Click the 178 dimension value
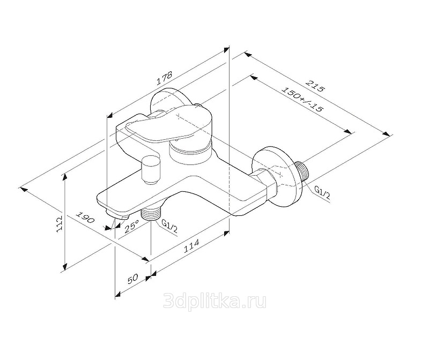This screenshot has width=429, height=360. [165, 78]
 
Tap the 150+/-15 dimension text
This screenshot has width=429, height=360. [303, 100]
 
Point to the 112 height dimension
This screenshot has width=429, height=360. [60, 224]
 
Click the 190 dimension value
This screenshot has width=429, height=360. [85, 217]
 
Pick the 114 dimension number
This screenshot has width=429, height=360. [191, 246]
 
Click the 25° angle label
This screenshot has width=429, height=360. [131, 227]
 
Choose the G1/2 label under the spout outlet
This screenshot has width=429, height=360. [169, 226]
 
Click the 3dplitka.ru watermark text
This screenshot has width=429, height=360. [214, 301]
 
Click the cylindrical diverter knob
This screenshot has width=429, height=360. [150, 169]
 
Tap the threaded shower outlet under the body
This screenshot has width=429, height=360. [150, 213]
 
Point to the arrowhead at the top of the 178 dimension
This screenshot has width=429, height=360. [226, 50]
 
